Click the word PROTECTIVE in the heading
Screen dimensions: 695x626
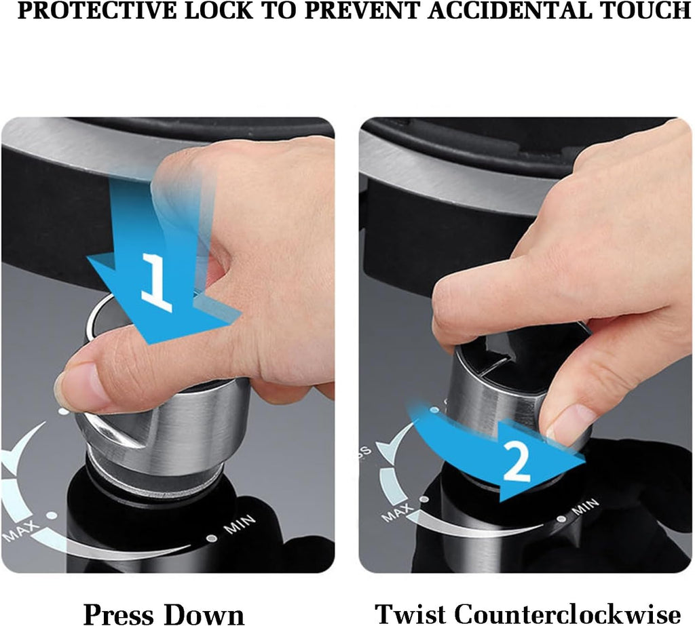tap(97, 11)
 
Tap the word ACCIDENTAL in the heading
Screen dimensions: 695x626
tap(510, 11)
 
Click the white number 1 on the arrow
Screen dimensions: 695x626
tap(156, 281)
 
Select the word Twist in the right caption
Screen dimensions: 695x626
tap(411, 614)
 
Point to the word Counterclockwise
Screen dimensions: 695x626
tap(567, 614)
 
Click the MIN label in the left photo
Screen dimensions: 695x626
tap(240, 524)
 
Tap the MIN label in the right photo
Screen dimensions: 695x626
tap(585, 507)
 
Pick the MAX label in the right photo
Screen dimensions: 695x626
tap(397, 512)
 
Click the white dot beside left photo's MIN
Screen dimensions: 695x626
tap(212, 539)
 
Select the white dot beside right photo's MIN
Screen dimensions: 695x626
tap(561, 518)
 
